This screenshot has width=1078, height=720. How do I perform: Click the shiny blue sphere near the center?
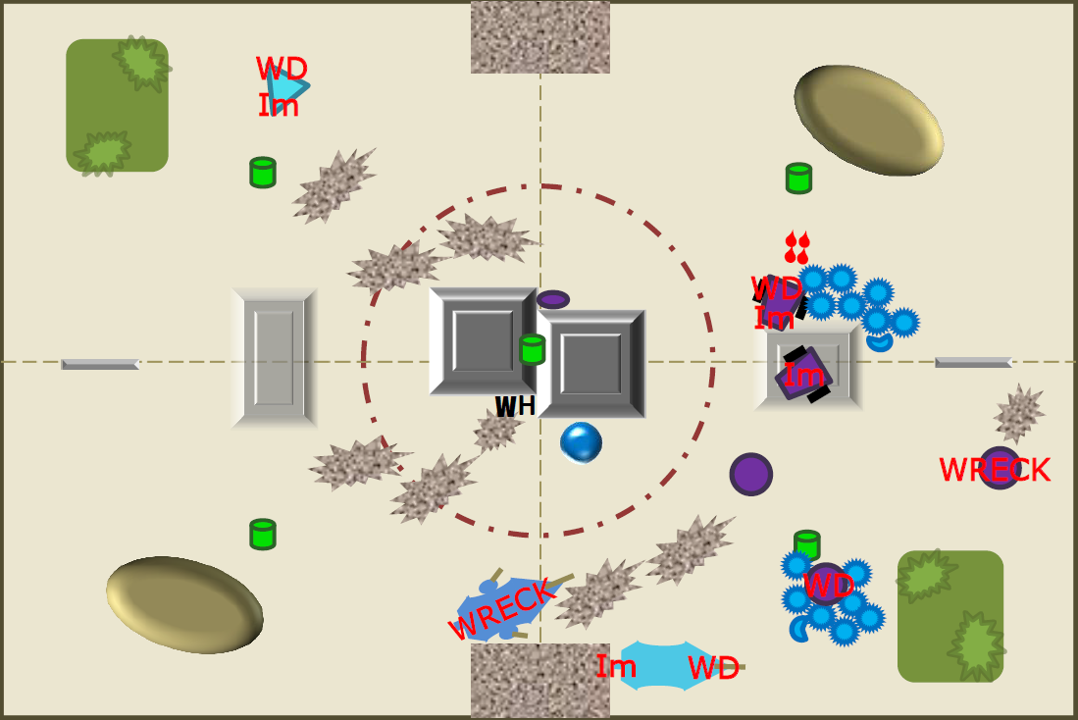pyautogui.click(x=581, y=442)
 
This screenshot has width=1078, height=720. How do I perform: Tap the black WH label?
pyautogui.click(x=515, y=406)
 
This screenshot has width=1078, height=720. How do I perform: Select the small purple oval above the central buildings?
pyautogui.click(x=553, y=300)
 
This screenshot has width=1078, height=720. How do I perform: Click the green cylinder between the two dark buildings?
pyautogui.click(x=532, y=349)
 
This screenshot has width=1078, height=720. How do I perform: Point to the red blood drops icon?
pyautogui.click(x=797, y=247)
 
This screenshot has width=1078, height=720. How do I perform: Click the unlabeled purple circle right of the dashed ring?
pyautogui.click(x=750, y=474)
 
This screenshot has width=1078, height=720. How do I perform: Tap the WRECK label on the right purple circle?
pyautogui.click(x=994, y=470)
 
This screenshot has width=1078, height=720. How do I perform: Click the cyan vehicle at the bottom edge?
pyautogui.click(x=670, y=666)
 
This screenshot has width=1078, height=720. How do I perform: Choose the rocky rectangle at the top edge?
pyautogui.click(x=540, y=37)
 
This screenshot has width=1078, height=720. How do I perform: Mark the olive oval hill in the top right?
pyautogui.click(x=868, y=121)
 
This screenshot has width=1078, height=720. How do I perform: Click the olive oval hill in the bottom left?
pyautogui.click(x=184, y=604)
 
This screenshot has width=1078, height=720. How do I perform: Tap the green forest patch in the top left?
pyautogui.click(x=117, y=105)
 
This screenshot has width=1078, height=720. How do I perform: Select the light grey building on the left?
pyautogui.click(x=274, y=358)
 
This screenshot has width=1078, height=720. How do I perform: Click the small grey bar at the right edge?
pyautogui.click(x=973, y=362)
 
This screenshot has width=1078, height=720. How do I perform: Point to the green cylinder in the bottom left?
pyautogui.click(x=263, y=535)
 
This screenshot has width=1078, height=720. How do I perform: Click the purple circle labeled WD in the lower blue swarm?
pyautogui.click(x=826, y=584)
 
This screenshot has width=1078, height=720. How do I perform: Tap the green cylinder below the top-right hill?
pyautogui.click(x=798, y=179)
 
